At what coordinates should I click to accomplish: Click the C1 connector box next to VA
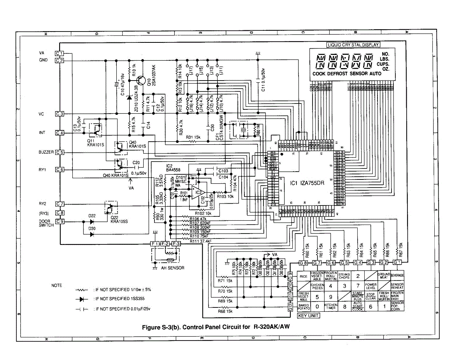(x=59, y=53)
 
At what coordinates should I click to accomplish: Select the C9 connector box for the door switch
(x=59, y=221)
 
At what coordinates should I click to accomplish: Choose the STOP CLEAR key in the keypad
(x=370, y=297)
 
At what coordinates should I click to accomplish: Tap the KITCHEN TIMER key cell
(x=331, y=307)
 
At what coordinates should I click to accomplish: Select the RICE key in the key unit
(x=304, y=276)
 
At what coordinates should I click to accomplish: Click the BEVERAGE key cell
(x=397, y=275)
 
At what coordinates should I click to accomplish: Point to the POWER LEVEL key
(x=370, y=286)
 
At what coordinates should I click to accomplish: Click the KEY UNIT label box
(x=308, y=316)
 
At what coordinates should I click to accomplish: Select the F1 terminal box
(x=154, y=244)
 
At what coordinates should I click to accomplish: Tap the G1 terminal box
(x=397, y=263)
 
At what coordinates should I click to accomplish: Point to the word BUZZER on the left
(x=46, y=152)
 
